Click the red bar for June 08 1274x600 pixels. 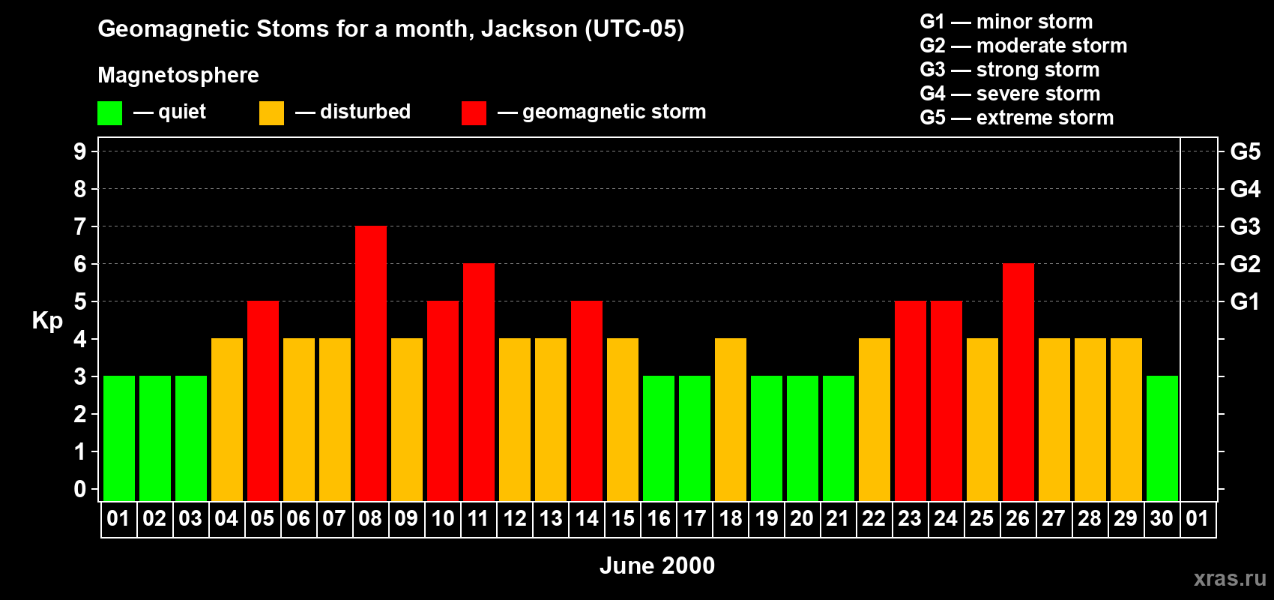371,363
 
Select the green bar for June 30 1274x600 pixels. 1162,438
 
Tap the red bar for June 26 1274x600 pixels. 1018,382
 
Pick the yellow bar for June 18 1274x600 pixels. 731,419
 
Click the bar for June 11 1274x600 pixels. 479,382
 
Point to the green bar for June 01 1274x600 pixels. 119,438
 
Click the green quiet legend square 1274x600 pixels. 109,113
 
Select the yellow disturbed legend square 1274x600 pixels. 271,113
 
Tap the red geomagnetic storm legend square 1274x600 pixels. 474,113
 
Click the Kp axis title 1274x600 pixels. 47,320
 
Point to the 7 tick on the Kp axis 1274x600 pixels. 80,226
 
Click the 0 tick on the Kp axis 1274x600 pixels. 80,489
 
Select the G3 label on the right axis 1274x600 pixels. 1245,226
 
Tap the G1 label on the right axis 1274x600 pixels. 1245,301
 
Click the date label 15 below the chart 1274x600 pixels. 623,518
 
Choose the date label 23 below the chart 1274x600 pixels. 910,518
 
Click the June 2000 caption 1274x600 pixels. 657,565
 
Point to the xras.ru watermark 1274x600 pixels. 1230,578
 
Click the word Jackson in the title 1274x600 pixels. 529,28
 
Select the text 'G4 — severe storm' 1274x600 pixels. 1010,94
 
